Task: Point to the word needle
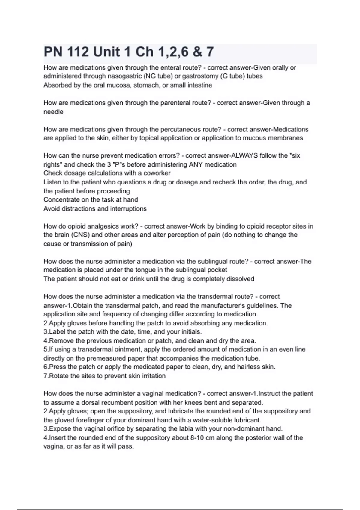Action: (53, 112)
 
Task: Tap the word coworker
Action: (157, 173)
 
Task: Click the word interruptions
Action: (128, 209)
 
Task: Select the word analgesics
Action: (101, 226)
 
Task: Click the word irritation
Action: (153, 376)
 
